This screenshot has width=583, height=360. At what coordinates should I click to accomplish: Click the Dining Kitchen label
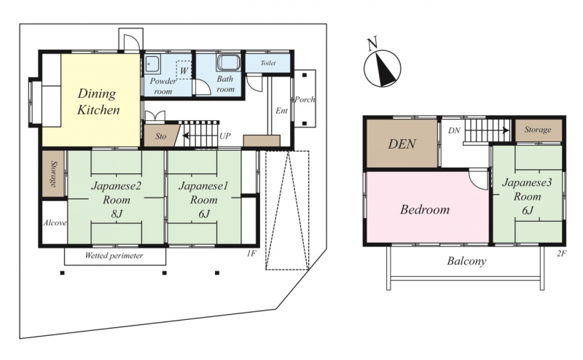point(98,101)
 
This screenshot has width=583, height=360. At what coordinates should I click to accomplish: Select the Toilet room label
point(268,63)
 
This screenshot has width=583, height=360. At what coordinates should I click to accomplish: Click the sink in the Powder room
point(152,65)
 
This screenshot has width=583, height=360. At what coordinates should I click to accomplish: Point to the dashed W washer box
point(184,69)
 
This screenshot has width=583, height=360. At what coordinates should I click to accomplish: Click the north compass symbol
point(383,69)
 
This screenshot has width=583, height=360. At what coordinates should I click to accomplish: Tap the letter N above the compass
point(372,43)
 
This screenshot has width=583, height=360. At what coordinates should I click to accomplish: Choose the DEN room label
point(402,144)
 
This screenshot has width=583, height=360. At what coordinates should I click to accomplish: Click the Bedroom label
point(425,209)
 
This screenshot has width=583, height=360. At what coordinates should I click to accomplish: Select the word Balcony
point(466,261)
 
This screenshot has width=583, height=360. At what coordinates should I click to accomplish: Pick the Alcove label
point(55,223)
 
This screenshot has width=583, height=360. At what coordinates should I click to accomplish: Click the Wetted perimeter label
point(114,256)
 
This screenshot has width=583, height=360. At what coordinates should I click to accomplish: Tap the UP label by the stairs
point(225,136)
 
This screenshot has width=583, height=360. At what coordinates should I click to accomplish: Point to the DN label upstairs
point(454,130)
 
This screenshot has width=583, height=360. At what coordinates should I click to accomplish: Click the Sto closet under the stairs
point(162,136)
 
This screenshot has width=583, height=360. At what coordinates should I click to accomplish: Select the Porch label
point(305,99)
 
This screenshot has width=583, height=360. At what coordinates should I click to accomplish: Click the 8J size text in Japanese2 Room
point(117,214)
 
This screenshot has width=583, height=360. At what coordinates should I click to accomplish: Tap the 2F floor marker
point(561,254)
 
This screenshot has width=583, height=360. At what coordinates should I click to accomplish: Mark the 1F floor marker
point(251,254)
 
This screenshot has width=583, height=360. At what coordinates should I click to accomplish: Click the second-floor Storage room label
point(538,130)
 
